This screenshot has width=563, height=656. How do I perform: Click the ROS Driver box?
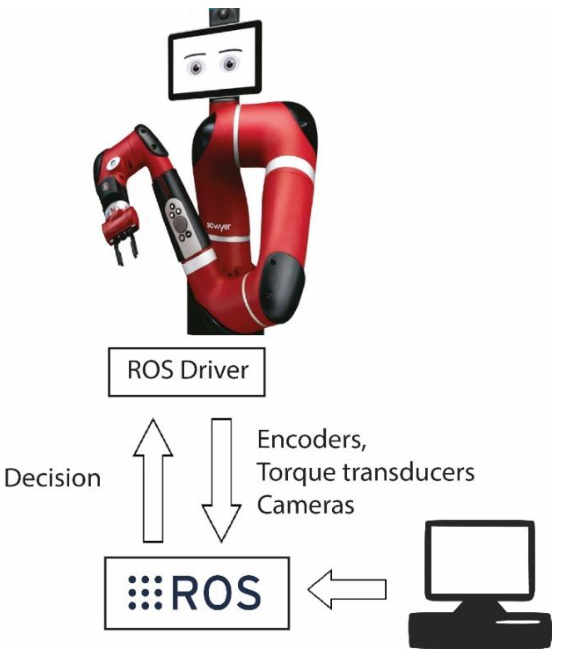[187, 372]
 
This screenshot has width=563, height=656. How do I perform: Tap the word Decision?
[53, 478]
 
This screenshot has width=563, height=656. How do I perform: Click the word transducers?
[409, 473]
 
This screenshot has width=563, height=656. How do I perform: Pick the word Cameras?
[305, 505]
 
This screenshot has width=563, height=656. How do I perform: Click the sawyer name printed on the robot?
[219, 226]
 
